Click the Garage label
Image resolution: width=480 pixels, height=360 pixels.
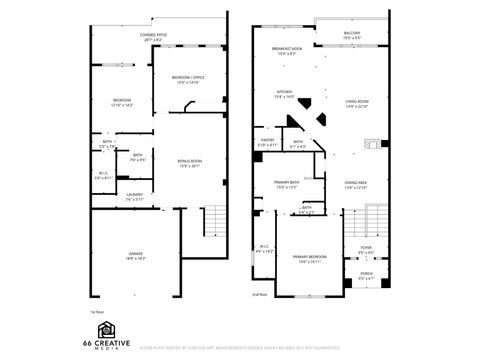[x=136, y=256]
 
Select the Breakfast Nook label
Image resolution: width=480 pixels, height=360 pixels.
[x=287, y=52]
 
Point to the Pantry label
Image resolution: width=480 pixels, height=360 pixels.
[x=268, y=143]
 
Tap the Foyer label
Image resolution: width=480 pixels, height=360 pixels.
[x=366, y=249]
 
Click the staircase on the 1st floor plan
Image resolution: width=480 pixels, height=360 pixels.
[x=212, y=217]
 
